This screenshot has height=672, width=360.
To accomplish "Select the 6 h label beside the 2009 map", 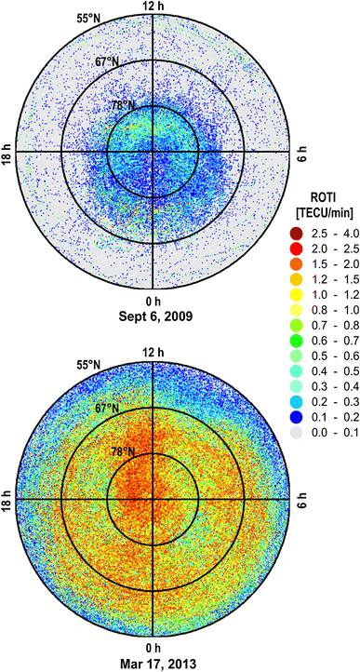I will (300, 149).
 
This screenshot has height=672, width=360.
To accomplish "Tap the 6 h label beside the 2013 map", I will (300, 496).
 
